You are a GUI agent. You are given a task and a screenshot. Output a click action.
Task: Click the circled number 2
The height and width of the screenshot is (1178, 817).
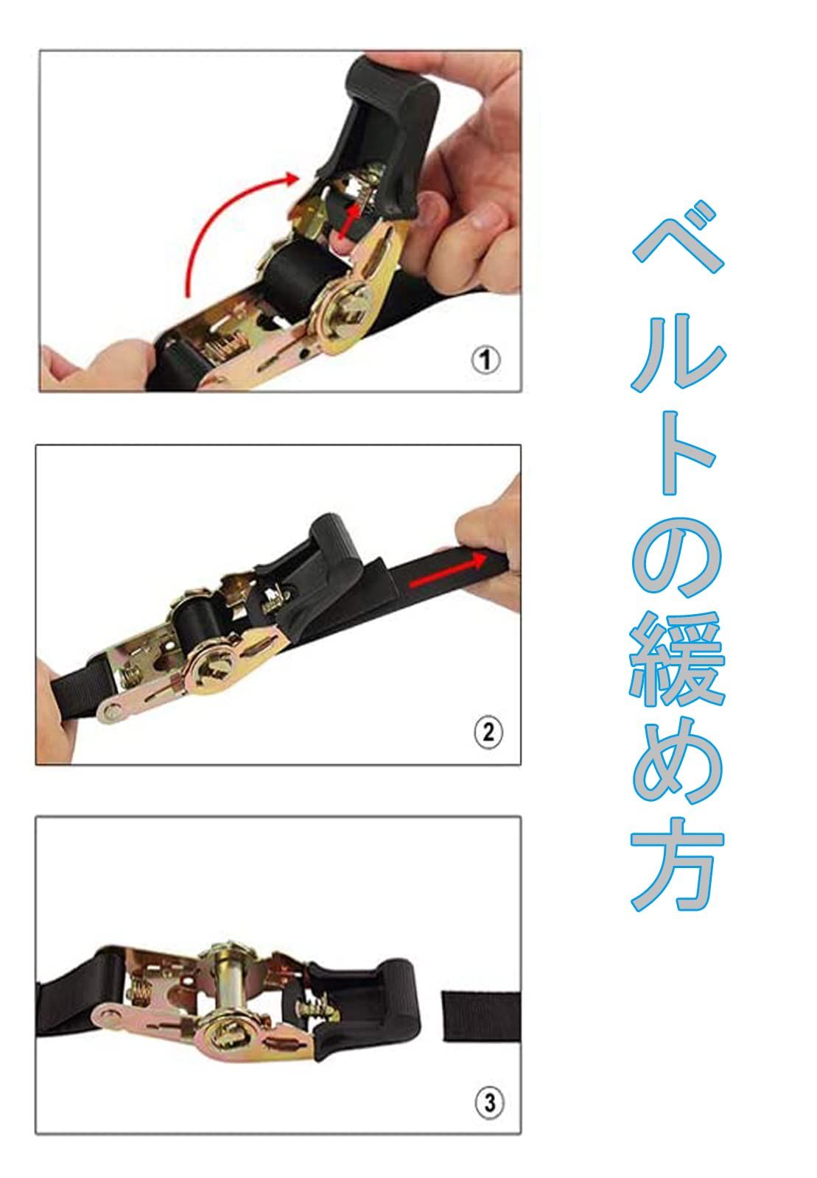488,733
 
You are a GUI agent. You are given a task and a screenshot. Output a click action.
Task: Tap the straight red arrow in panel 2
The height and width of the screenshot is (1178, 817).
449,571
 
